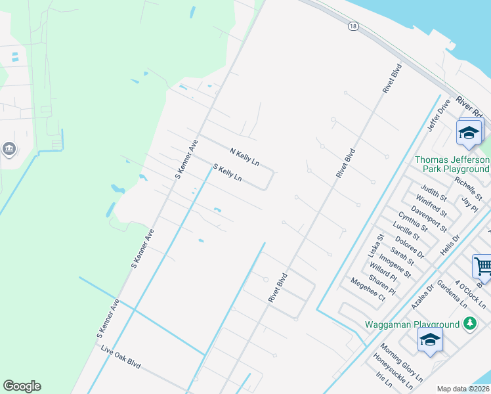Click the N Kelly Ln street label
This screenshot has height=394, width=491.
[x=244, y=156]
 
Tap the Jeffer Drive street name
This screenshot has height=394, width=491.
[x=438, y=116]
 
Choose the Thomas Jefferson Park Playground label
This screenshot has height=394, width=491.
[x=452, y=164]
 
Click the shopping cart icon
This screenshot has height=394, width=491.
[x=482, y=267]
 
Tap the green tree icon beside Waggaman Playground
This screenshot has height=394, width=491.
[x=469, y=323]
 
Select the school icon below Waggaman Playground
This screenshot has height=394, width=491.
[x=430, y=339]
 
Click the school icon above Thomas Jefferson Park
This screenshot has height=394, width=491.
[x=469, y=133]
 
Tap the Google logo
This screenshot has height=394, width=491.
[x=22, y=386]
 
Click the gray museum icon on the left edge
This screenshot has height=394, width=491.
[x=9, y=149]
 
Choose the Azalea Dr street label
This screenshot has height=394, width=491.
[x=424, y=296]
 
